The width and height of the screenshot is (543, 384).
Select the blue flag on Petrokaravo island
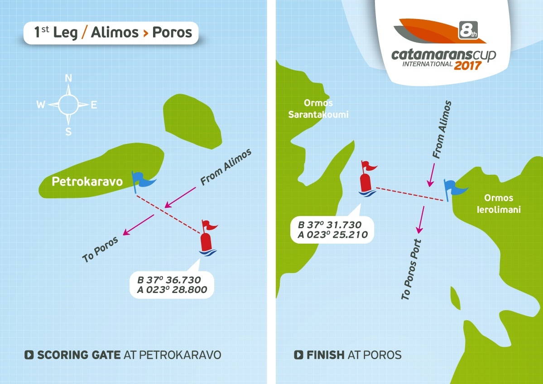141,181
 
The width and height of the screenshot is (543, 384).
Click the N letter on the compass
69,78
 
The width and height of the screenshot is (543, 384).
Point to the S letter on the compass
69,132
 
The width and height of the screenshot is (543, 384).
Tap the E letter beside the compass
94,105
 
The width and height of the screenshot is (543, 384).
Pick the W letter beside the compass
41,105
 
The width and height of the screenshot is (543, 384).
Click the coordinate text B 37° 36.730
169,280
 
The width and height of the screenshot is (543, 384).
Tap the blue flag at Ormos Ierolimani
451,188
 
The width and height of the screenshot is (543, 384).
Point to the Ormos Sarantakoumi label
318,109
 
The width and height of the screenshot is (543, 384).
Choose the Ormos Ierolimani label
499,204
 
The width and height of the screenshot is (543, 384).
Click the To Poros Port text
412,269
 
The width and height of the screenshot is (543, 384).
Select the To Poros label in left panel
100,250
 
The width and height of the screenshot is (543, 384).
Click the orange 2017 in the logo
468,65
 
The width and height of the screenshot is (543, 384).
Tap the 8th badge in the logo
466,30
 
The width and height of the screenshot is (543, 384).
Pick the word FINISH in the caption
325,355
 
